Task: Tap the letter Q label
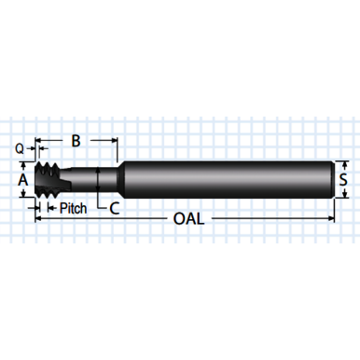click(19, 147)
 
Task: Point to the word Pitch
click(73, 208)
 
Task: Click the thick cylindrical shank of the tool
click(224, 177)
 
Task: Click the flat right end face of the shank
click(333, 177)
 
